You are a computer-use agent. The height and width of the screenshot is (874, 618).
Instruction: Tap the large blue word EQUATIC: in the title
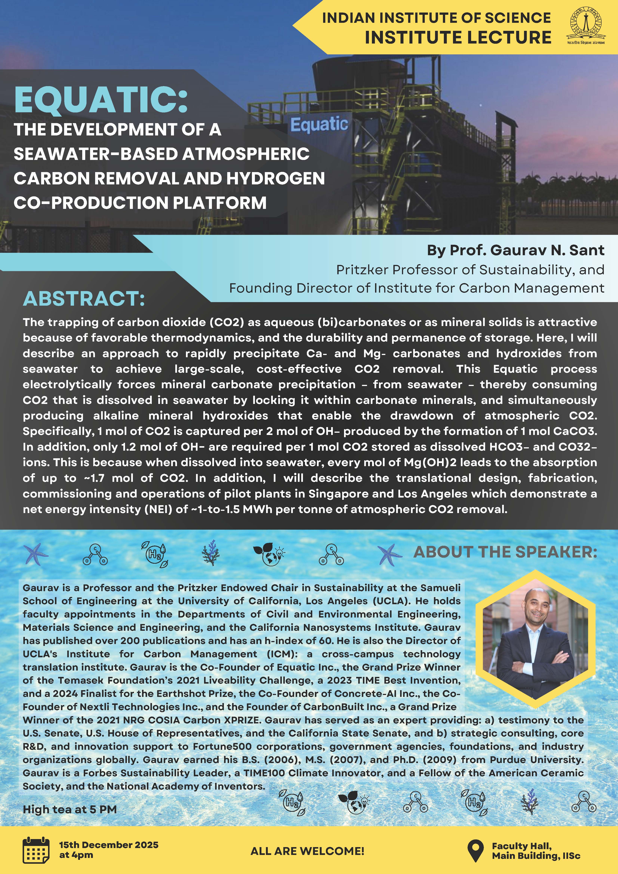tap(101, 100)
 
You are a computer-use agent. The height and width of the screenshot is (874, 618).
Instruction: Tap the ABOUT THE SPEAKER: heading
tap(505, 552)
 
